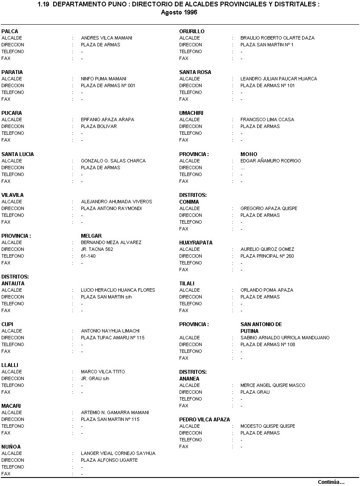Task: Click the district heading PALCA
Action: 10,31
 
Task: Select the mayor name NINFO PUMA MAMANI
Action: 103,79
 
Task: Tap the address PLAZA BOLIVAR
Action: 99,126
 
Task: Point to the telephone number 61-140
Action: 88,256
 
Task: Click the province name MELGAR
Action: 91,236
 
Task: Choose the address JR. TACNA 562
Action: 97,249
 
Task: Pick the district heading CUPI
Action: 7,324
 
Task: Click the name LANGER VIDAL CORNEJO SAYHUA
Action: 118,453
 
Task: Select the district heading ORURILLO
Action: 192,31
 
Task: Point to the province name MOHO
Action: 249,154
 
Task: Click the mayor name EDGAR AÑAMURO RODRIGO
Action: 271,161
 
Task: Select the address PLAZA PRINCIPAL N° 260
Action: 267,256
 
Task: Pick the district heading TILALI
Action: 187,284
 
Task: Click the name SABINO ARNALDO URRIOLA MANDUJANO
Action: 285,338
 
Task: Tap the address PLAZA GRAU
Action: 255,392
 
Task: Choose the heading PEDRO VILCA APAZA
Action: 205,420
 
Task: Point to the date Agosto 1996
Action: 179,12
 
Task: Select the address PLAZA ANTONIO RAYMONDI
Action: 111,208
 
